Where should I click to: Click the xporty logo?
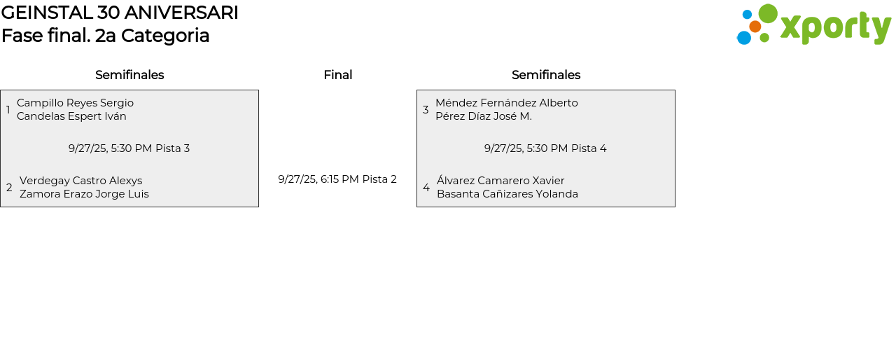coord(813,25)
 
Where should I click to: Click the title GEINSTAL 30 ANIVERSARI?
coord(120,13)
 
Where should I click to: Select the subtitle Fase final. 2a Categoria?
coord(106,36)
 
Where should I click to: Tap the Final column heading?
coord(337,75)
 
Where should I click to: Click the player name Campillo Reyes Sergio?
coord(75,103)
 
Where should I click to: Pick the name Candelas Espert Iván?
coord(71,116)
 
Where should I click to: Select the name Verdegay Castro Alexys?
coord(80,181)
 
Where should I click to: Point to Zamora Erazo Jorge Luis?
coord(84,194)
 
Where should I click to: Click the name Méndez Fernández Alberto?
coord(506,103)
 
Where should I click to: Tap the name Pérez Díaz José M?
coord(483,116)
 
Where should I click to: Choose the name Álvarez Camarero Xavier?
coord(500,181)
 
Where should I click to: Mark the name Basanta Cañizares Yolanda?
coord(507,194)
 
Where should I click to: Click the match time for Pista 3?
coord(129,148)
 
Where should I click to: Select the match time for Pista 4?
coord(545,148)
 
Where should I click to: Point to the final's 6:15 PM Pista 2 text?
coord(337,179)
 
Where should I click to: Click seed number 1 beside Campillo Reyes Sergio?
coord(8,110)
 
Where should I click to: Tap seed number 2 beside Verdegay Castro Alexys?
coord(9,188)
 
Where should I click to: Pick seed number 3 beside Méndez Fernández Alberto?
coord(426,110)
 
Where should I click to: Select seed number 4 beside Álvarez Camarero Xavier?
coord(426,188)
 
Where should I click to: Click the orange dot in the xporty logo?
coord(755,27)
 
